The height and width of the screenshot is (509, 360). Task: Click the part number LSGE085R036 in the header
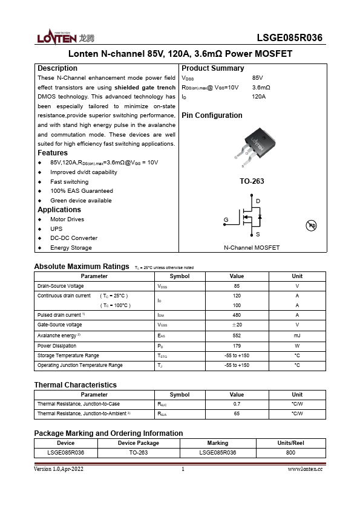(x=289, y=38)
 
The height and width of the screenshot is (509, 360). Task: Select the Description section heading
(x=57, y=68)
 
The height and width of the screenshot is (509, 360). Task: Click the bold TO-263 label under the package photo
(x=252, y=181)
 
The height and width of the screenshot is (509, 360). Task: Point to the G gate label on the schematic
(x=226, y=219)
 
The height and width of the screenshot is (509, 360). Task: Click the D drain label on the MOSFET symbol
(x=258, y=201)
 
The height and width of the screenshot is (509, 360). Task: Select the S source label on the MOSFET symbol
(x=258, y=234)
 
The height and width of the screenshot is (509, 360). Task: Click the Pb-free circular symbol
(x=312, y=225)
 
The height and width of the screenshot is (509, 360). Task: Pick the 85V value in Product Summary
(x=257, y=78)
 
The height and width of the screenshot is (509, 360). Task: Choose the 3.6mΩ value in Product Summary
(x=261, y=87)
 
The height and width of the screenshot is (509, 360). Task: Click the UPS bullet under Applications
(x=56, y=229)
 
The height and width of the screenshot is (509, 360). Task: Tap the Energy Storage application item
(x=71, y=248)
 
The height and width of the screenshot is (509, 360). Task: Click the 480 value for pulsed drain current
(x=237, y=315)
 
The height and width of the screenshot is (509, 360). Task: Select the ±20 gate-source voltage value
(x=237, y=325)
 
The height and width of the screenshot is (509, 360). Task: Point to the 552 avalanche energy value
(x=237, y=335)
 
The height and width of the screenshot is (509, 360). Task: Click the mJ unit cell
(x=297, y=335)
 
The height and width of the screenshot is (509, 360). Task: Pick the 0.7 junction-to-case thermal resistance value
(x=237, y=404)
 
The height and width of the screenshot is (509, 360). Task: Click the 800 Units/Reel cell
(x=290, y=452)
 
